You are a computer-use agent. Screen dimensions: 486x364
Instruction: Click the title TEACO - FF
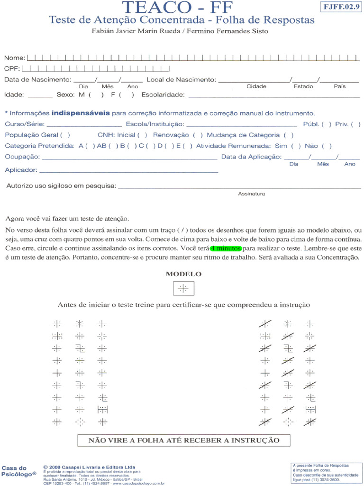click(182, 8)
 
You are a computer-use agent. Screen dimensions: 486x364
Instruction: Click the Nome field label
click(15, 58)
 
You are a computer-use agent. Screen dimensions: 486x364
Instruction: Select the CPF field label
click(11, 69)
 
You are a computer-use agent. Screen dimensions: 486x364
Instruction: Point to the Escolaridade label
click(163, 94)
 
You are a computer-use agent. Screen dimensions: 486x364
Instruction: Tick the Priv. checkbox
click(356, 124)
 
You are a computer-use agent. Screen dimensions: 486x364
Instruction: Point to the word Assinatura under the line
click(251, 194)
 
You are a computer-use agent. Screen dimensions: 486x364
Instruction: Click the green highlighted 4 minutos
click(226, 248)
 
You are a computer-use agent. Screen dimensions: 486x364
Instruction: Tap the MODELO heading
click(183, 274)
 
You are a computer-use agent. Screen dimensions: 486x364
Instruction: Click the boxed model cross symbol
click(183, 288)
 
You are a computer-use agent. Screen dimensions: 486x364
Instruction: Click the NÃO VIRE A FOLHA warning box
click(184, 440)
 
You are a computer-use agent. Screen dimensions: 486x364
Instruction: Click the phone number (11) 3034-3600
click(323, 480)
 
